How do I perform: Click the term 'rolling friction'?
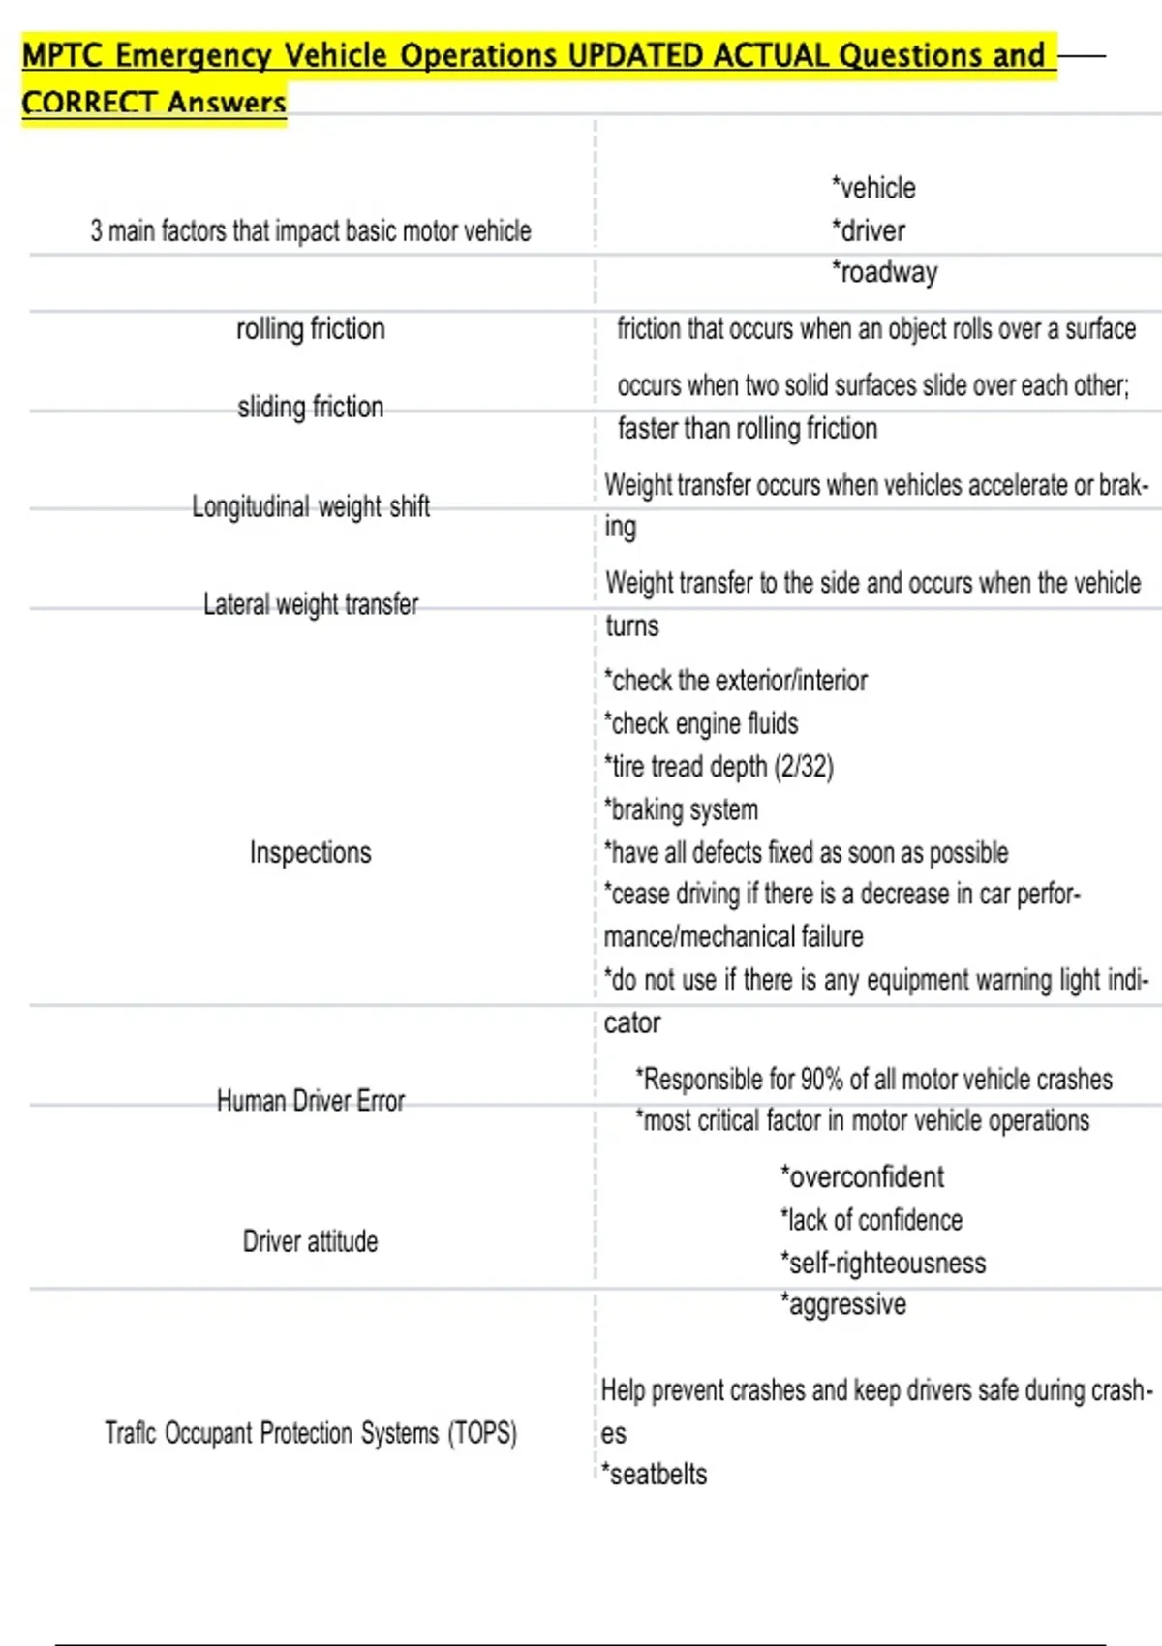click(310, 329)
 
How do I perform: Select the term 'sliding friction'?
click(310, 407)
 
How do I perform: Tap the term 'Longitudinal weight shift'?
click(310, 506)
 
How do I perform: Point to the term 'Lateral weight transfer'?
click(310, 605)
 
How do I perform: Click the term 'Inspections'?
click(310, 853)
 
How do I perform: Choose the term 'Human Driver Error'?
click(310, 1101)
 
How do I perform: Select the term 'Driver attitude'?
click(310, 1241)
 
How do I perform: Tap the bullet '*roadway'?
click(884, 273)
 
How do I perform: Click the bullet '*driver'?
click(869, 230)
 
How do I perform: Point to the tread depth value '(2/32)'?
click(804, 767)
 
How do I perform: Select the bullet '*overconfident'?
click(862, 1177)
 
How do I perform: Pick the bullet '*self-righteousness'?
click(883, 1263)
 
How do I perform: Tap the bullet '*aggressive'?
click(843, 1305)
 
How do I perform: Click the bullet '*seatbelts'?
click(655, 1475)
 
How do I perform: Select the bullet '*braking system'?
click(681, 809)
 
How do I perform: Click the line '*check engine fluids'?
click(701, 724)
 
